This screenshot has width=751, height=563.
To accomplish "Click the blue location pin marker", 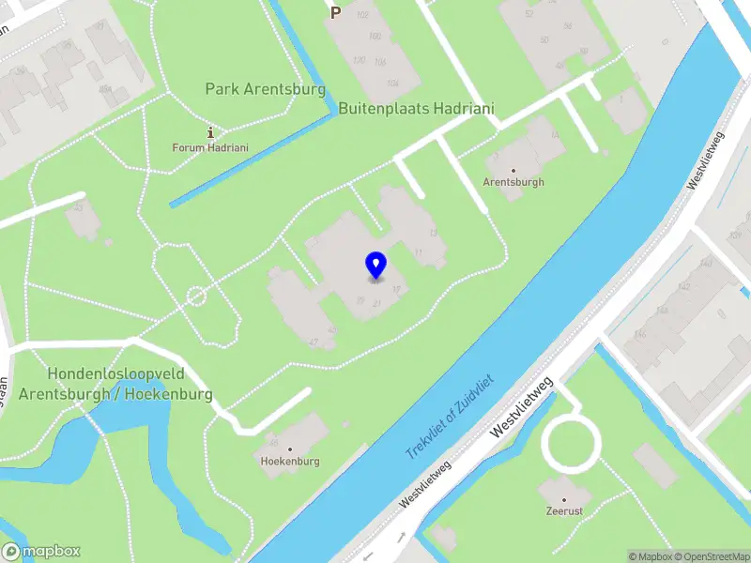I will click(x=375, y=265).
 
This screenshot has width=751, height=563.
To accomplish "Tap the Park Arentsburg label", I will click(x=265, y=90).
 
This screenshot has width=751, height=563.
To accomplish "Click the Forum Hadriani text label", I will click(x=209, y=147).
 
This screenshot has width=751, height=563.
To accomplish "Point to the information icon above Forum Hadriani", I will click(x=210, y=132).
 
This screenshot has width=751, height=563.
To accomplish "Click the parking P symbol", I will click(x=335, y=12).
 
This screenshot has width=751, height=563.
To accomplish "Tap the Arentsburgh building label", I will click(x=513, y=182).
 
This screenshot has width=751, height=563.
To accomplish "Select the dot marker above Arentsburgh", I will click(x=513, y=170).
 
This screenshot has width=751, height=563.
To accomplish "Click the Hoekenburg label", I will click(x=290, y=462).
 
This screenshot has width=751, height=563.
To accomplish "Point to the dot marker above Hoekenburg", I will click(x=290, y=449).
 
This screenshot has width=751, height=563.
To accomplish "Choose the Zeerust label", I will click(x=564, y=512).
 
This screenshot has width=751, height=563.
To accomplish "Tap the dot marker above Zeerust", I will click(x=564, y=500).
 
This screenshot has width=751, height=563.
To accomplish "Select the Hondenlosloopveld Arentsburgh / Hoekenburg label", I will click(x=115, y=384).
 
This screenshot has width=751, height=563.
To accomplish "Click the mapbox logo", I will click(x=41, y=552).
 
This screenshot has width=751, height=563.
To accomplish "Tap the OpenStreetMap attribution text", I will click(x=712, y=556).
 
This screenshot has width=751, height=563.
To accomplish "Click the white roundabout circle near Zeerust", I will click(x=571, y=446).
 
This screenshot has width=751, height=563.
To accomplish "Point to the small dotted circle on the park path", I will click(x=196, y=297).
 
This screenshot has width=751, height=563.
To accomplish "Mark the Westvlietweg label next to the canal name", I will click(x=522, y=410).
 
